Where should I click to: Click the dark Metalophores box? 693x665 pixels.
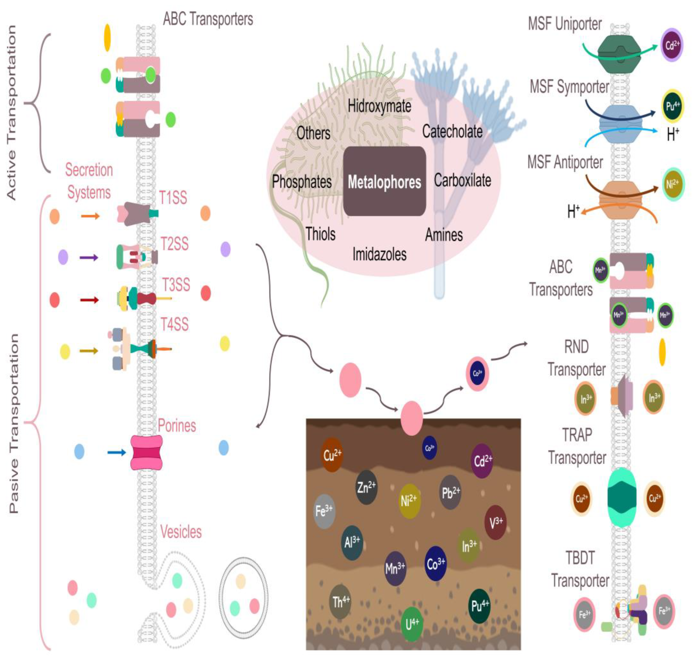tap(384, 181)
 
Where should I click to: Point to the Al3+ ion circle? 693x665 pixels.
tap(352, 542)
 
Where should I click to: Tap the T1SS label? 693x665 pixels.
tap(173, 198)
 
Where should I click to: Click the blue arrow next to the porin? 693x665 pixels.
tap(116, 452)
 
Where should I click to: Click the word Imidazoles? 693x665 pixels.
tap(379, 254)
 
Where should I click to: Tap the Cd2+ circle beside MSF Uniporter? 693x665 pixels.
tap(671, 45)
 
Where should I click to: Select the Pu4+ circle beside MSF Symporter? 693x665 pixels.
tap(672, 106)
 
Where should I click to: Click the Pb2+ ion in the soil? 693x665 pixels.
tap(450, 492)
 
